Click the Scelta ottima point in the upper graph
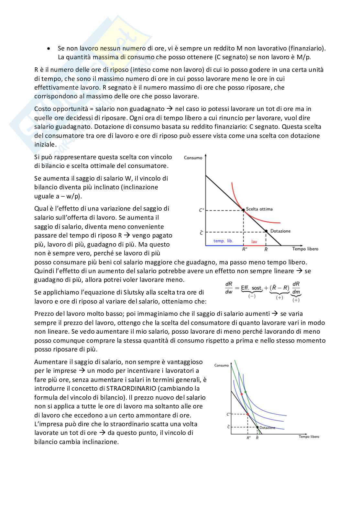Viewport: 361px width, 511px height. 244,210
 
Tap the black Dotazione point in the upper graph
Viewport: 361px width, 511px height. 266,231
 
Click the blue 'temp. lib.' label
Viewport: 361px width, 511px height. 223,241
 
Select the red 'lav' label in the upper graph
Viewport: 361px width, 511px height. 254,241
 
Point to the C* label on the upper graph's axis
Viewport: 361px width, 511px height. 201,210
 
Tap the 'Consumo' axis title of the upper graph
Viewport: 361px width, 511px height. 193,158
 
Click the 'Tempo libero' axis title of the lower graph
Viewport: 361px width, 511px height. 309,437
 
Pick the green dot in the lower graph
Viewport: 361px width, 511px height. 245,392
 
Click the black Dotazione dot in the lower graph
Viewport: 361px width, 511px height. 257,428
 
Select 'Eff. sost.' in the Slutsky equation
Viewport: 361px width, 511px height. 252,288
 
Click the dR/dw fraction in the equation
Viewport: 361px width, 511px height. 229,288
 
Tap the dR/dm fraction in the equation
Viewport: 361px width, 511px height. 296,288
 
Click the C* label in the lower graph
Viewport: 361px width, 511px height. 228,414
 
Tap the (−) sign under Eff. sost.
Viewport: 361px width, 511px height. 252,296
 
